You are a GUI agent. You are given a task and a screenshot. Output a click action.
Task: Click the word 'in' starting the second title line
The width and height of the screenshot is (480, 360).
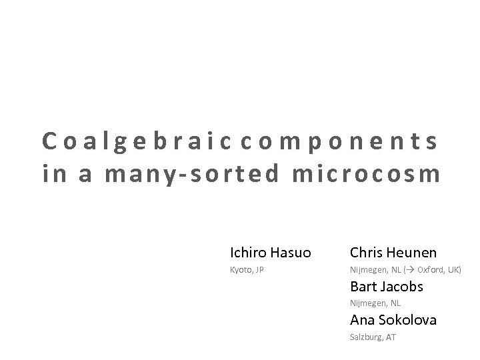pos(51,174)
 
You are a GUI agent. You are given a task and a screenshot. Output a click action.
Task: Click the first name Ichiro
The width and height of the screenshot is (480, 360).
pos(247,253)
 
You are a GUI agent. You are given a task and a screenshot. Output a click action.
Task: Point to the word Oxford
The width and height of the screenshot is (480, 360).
pos(430,270)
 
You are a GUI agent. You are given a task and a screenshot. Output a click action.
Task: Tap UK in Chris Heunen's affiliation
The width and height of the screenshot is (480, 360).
pos(454,270)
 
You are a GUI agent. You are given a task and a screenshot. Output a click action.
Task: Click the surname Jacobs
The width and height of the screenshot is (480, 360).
pos(401,287)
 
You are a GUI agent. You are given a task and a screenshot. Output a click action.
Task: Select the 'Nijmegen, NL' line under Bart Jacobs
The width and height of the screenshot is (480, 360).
pos(375,303)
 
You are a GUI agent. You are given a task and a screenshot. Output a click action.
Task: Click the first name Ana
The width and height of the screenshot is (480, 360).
pos(362,320)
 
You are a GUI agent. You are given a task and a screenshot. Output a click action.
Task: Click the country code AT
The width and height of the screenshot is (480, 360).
pos(391,337)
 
